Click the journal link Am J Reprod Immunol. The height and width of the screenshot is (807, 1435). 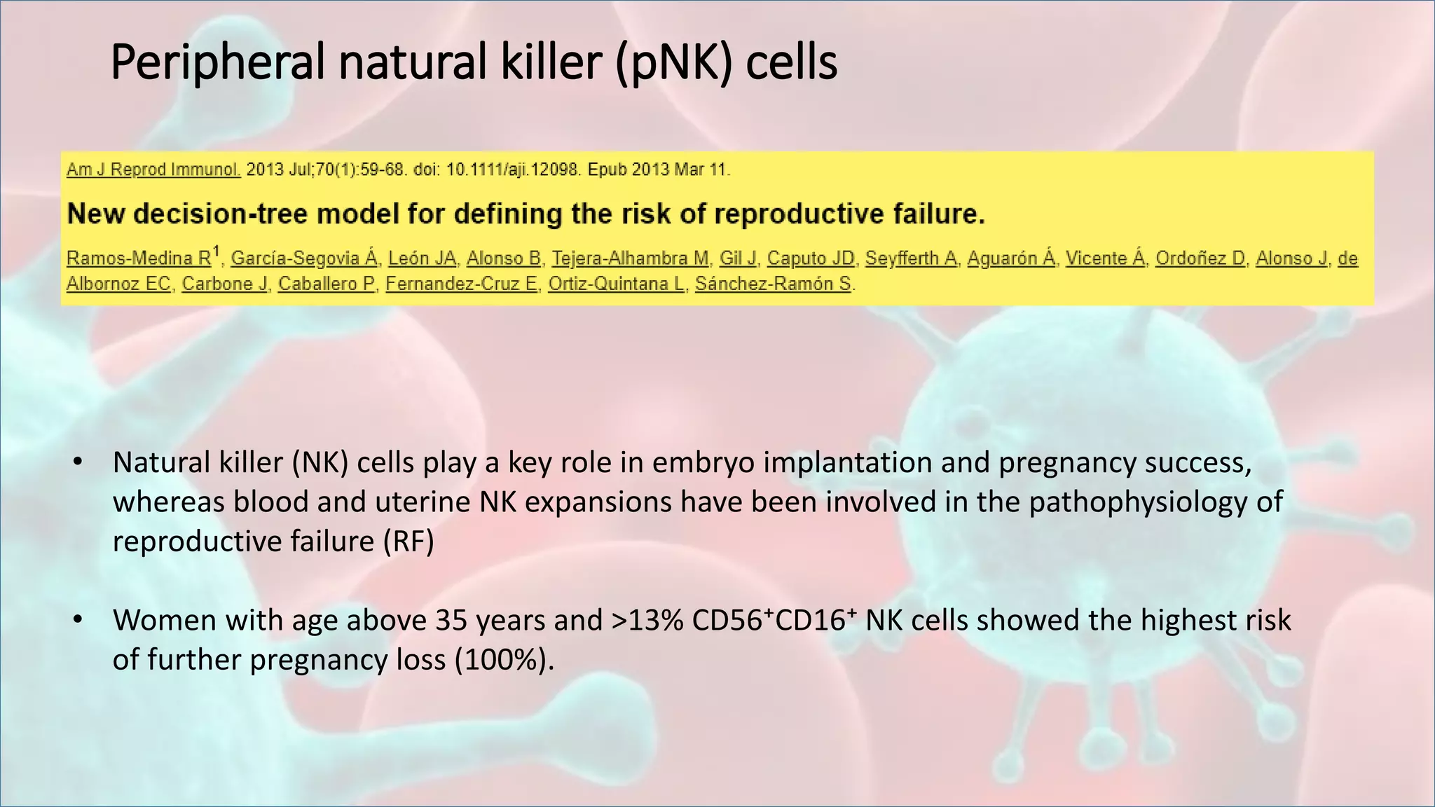153,170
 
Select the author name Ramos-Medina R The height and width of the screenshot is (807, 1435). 139,258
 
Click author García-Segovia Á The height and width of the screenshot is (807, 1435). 304,258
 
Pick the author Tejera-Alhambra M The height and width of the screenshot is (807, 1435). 630,258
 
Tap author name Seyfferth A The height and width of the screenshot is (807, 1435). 911,258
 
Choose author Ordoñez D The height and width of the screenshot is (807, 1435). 1200,258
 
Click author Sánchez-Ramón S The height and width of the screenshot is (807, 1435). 774,284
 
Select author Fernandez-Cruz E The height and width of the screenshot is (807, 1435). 461,284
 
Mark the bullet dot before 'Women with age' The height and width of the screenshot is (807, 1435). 78,621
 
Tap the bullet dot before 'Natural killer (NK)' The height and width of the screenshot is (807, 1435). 78,463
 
